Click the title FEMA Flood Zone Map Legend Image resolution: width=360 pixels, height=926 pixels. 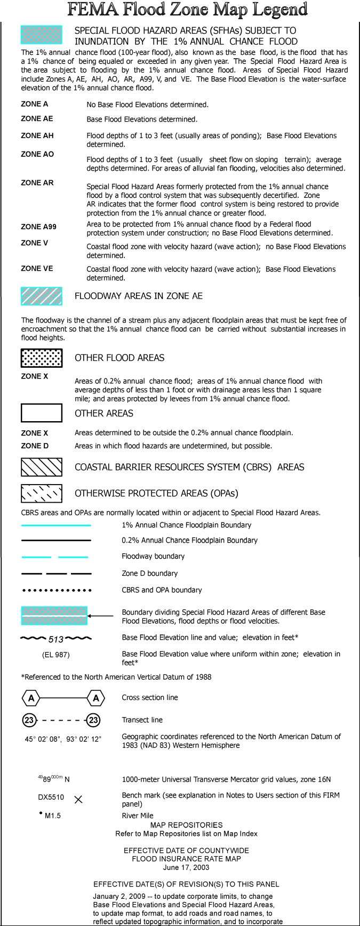tap(187, 10)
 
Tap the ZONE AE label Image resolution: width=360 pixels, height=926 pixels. tap(37, 118)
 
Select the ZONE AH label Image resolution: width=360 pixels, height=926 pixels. tap(37, 135)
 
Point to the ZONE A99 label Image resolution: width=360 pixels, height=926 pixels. tap(38, 227)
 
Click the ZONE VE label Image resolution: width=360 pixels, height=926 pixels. tap(37, 268)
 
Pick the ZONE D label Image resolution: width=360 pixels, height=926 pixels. tap(35, 446)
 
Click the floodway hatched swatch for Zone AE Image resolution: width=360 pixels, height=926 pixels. tap(42, 296)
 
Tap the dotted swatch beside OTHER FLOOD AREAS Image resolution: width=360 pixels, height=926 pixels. tap(42, 358)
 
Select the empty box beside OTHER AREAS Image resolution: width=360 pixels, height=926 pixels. tap(42, 413)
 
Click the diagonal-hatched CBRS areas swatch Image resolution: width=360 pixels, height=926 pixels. tap(42, 467)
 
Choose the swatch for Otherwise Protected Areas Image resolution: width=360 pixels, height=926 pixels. tap(42, 493)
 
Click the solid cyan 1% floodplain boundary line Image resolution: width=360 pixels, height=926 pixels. tap(56, 526)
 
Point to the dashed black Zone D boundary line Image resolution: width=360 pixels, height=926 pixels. tap(56, 574)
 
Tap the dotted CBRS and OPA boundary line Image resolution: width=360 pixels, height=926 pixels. tap(56, 590)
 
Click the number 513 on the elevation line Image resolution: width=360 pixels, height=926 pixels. tap(56, 639)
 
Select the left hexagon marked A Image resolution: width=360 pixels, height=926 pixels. tap(31, 698)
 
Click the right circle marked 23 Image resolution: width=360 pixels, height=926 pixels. tap(93, 720)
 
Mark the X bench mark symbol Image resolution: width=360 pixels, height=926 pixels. tap(78, 799)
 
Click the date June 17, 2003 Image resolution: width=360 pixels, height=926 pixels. tap(186, 867)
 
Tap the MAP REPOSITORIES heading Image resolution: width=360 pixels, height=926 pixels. tap(186, 825)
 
